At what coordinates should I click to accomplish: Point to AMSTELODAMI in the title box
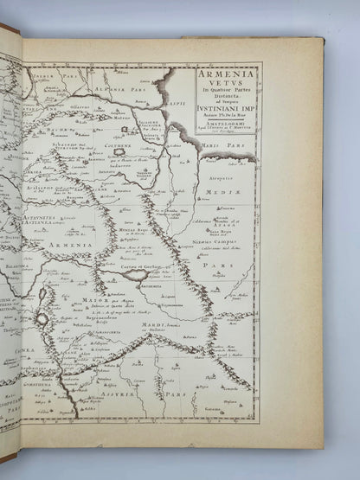point(217,125)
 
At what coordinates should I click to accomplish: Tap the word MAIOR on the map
point(93,302)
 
